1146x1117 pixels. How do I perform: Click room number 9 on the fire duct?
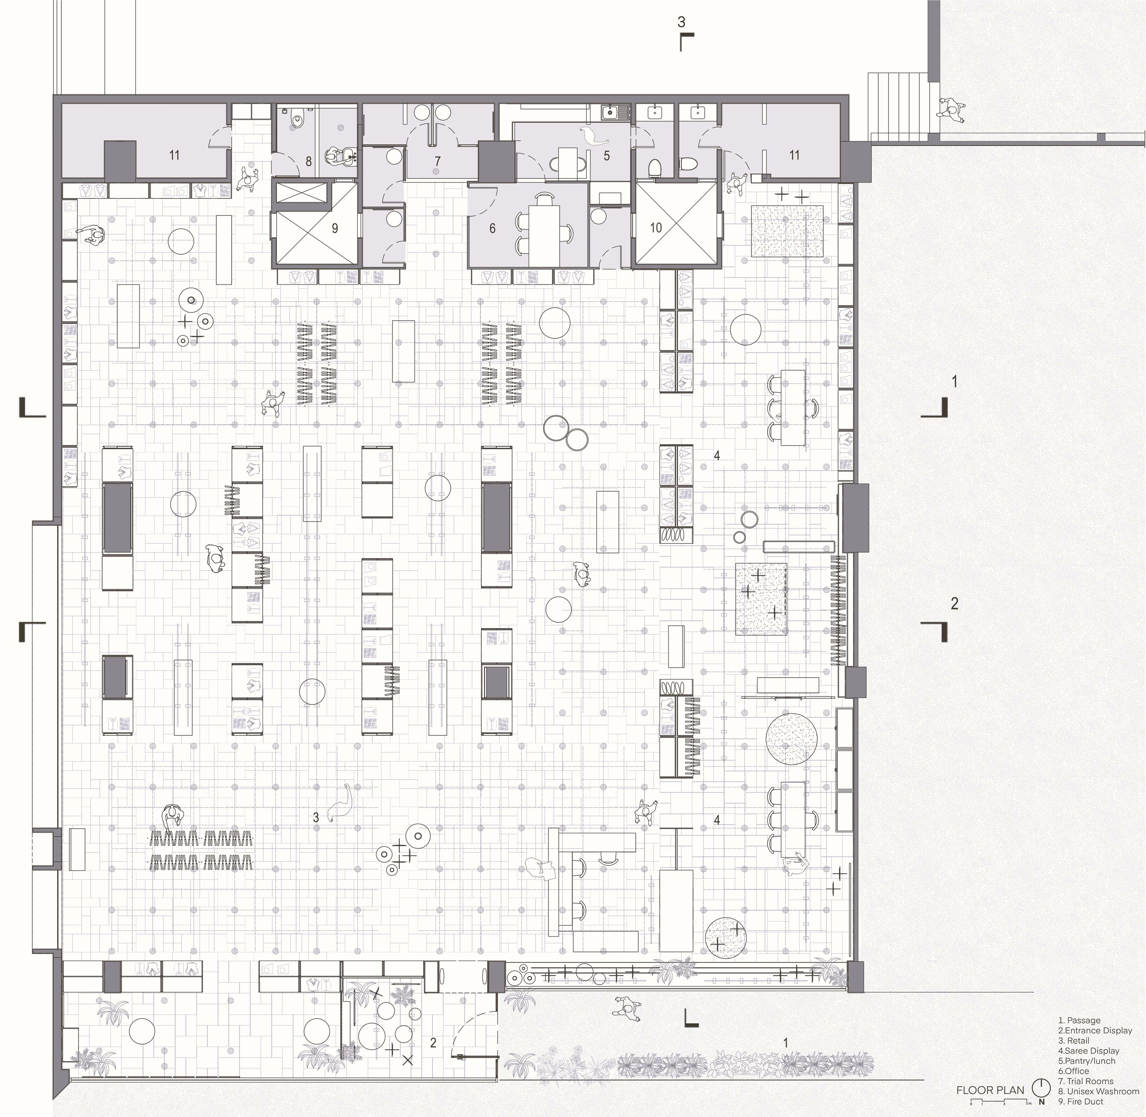point(335,228)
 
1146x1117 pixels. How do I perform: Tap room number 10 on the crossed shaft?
point(656,227)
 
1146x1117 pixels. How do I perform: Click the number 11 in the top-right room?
point(794,155)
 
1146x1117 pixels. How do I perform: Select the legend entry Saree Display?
point(1088,1051)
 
